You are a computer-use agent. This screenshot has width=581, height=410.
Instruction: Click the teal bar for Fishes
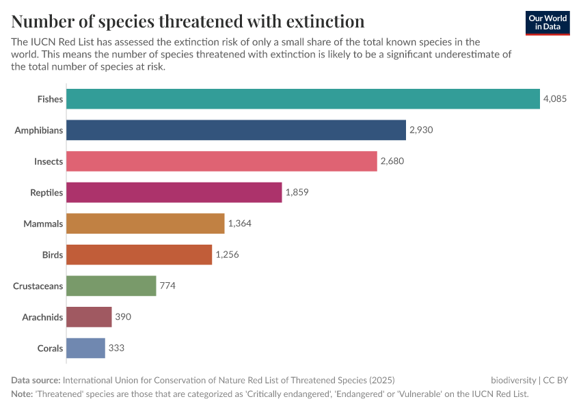[x=303, y=99]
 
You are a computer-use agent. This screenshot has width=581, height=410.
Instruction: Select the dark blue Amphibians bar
[x=237, y=130]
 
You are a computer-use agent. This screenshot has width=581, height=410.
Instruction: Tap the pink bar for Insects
[x=222, y=161]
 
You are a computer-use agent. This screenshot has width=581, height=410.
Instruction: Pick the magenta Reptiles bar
[x=174, y=193]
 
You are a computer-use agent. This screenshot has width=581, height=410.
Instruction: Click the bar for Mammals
[x=146, y=223]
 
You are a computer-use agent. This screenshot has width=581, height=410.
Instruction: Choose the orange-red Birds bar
[x=139, y=255]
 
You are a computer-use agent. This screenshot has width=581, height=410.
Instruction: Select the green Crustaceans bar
[x=112, y=286]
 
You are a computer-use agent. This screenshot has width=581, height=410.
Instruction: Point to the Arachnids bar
[x=90, y=317]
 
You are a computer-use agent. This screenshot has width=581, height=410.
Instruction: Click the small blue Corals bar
[x=86, y=348]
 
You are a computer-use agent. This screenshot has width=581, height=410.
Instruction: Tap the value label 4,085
[x=554, y=99]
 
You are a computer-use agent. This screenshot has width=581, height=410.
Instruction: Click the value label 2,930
[x=421, y=130]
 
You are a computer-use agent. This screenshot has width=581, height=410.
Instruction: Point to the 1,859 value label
[x=297, y=193]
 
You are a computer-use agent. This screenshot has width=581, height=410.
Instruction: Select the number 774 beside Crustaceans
[x=167, y=286]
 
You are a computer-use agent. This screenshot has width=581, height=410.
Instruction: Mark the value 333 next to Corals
[x=116, y=348]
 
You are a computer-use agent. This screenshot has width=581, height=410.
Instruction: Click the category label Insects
[x=49, y=161]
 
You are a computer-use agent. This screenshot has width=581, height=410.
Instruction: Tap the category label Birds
[x=52, y=255]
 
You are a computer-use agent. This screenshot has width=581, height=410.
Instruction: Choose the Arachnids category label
[x=42, y=317]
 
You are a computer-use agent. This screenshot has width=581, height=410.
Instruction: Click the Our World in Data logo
[x=548, y=23]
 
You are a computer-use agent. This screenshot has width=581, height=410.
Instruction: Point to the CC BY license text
[x=556, y=380]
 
